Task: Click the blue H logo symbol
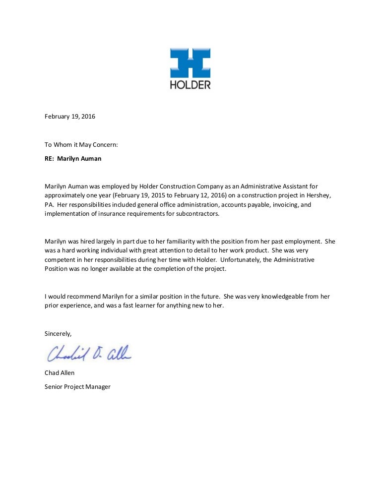click(190, 63)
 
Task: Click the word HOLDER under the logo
click(190, 85)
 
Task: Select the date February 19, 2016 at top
click(70, 117)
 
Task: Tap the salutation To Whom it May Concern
click(81, 145)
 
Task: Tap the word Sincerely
click(58, 334)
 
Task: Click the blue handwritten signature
click(89, 353)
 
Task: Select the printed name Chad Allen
click(60, 373)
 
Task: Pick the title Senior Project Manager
click(77, 386)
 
